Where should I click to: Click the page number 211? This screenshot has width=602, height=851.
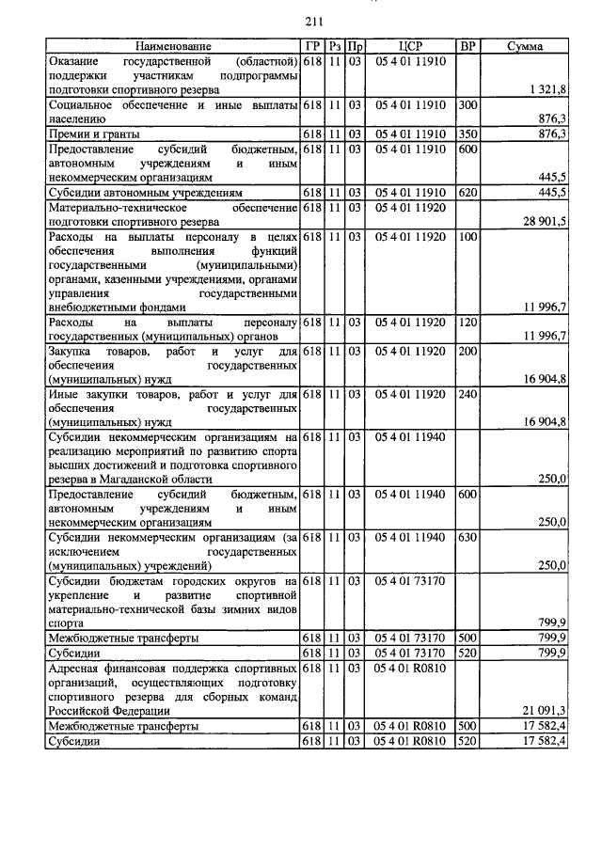point(314,22)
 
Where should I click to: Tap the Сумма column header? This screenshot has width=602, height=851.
point(531,46)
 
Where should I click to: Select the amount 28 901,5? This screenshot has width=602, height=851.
point(542,221)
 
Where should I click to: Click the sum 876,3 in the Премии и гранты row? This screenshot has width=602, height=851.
point(549,134)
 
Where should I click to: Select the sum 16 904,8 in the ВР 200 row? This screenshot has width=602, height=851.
point(542,379)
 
